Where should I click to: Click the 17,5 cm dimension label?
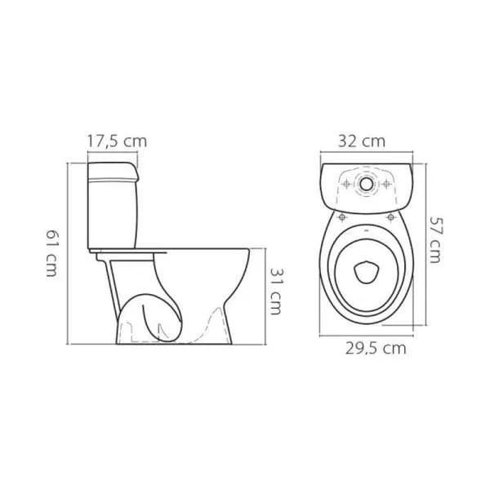(x=117, y=141)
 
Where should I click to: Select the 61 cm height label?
(x=51, y=253)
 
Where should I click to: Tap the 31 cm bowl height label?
(x=276, y=291)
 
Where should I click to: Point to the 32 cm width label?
(x=362, y=141)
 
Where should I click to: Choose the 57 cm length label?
(x=436, y=239)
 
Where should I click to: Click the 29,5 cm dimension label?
(x=376, y=349)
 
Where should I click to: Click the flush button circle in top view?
(x=366, y=184)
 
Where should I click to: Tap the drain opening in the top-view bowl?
(x=367, y=272)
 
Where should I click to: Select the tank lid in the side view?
(x=113, y=171)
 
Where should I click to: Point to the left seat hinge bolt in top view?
(x=342, y=216)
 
